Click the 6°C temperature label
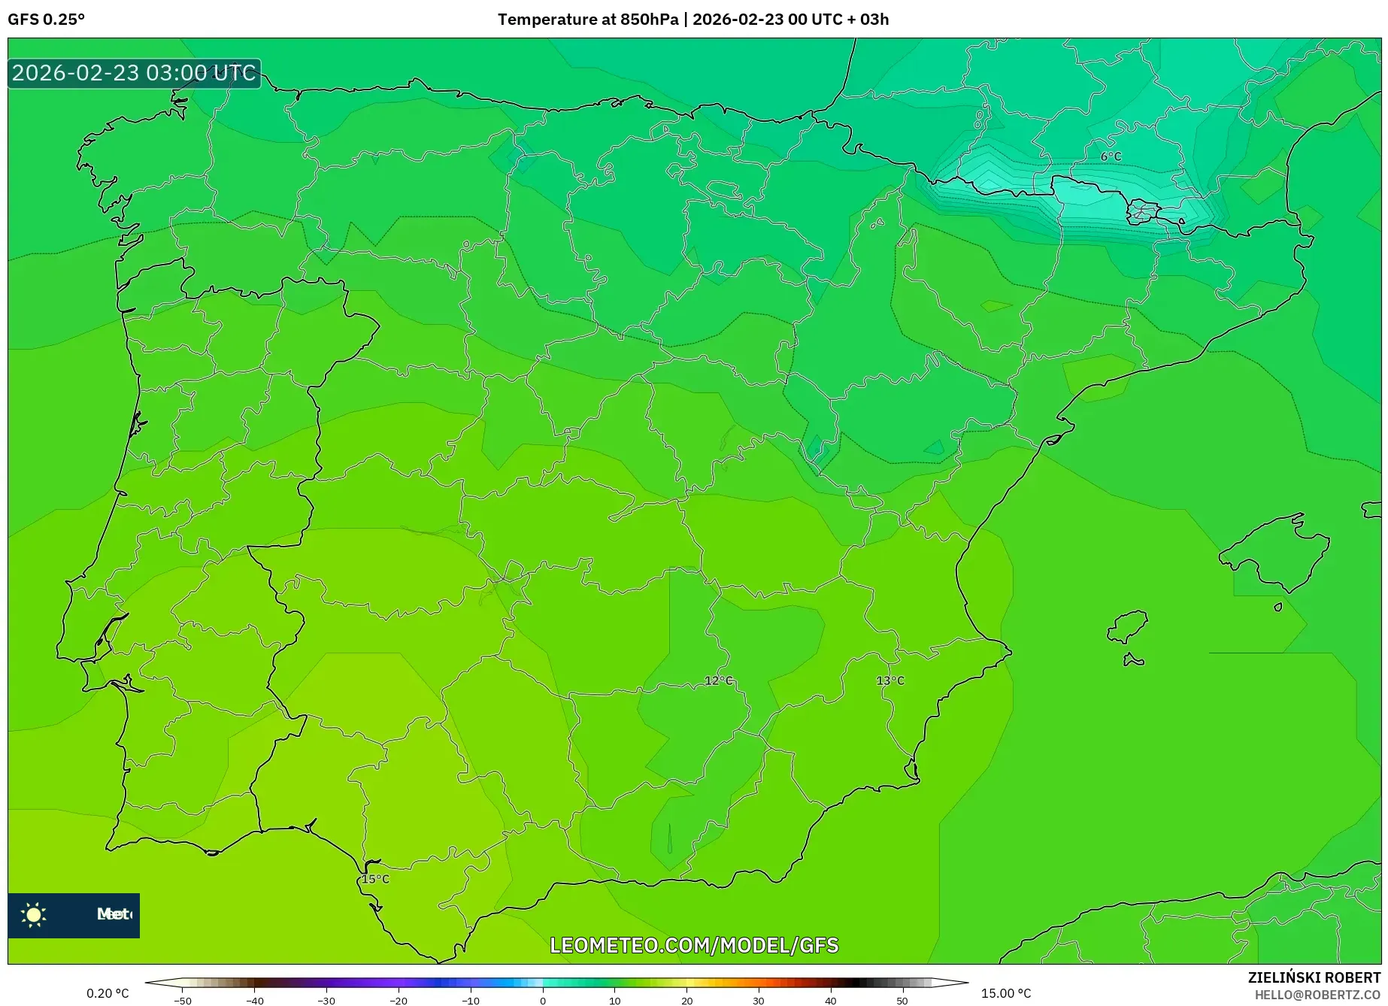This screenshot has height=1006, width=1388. [x=1111, y=156]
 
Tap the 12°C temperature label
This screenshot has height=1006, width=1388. [x=718, y=680]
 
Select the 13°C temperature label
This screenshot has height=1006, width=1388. [x=890, y=680]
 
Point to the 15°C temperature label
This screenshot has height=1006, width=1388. [x=375, y=879]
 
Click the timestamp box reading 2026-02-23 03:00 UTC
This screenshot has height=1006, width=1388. [x=134, y=73]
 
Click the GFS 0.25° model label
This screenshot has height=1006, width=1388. [x=46, y=20]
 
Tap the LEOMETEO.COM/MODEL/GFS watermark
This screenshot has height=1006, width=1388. [x=693, y=945]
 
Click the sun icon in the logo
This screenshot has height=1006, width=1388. [x=34, y=914]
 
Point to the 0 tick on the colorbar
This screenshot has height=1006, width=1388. [x=543, y=1000]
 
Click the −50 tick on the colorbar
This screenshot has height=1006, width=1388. [x=183, y=1000]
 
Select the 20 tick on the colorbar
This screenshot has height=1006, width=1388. [x=686, y=1000]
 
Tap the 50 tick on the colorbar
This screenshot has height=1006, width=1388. [x=902, y=1000]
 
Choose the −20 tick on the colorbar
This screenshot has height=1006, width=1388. [x=399, y=1000]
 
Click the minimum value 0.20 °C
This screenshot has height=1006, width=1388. [x=108, y=993]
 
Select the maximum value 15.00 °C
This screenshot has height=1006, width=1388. [x=1005, y=993]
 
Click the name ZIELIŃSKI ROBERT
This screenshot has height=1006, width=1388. [x=1314, y=977]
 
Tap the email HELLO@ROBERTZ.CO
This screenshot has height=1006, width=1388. [x=1317, y=995]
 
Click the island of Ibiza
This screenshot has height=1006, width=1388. [x=1128, y=626]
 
